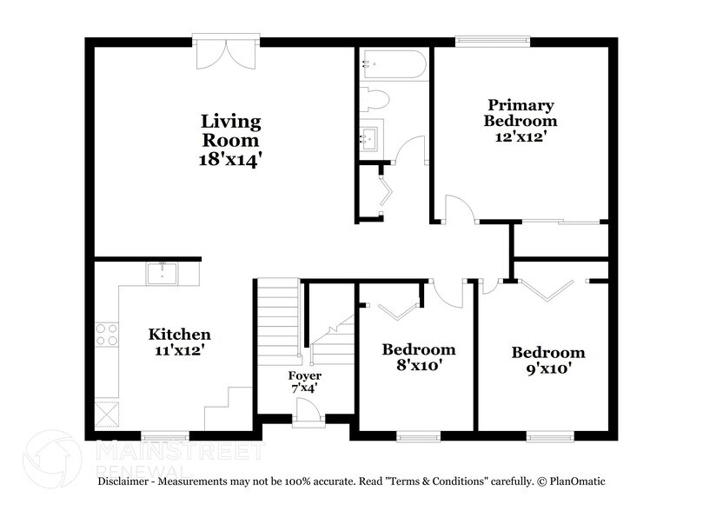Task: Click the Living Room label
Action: pos(230,130)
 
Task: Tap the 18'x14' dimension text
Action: pos(230,159)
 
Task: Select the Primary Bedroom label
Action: pos(521,113)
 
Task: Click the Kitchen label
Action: pos(179,335)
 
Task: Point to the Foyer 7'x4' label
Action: pos(305,382)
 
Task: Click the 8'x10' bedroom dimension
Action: pos(419,366)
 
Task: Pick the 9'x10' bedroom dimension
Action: pos(547,369)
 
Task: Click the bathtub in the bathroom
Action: pos(394,64)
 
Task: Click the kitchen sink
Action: pos(162,273)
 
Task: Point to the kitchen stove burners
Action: pos(107,335)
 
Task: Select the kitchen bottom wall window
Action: pos(165,435)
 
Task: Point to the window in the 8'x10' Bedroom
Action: pos(419,435)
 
